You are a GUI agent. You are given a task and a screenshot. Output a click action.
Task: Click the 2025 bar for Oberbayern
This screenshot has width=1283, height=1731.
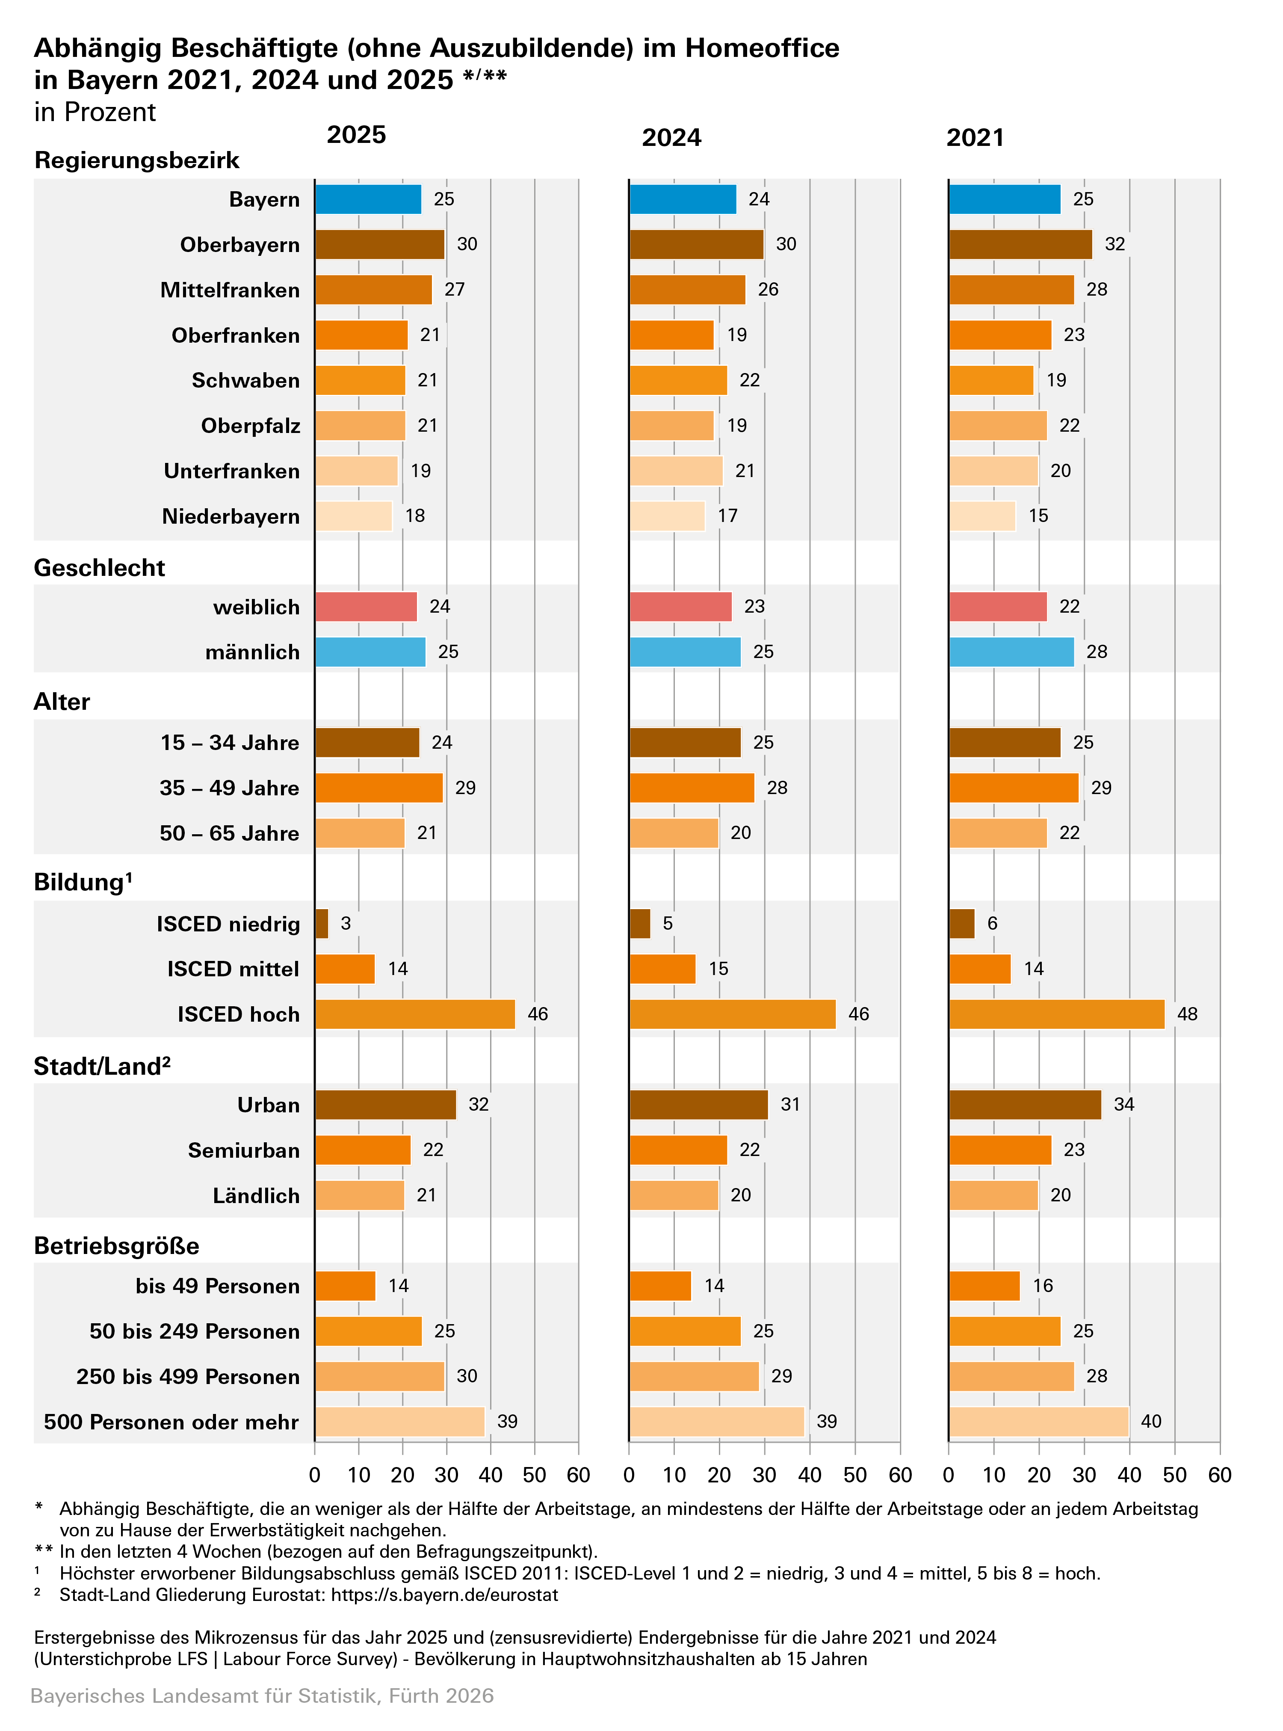[380, 245]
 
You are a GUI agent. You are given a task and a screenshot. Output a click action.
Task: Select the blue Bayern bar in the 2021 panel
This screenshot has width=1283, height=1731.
[1004, 200]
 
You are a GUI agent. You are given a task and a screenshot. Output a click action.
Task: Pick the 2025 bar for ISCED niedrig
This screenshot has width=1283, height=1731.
[322, 924]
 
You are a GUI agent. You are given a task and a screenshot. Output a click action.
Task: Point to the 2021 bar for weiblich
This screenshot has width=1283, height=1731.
[998, 607]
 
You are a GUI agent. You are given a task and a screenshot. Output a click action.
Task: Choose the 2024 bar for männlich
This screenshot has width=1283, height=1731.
[685, 652]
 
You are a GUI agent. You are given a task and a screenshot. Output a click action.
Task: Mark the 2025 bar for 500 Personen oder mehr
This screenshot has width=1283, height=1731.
[400, 1422]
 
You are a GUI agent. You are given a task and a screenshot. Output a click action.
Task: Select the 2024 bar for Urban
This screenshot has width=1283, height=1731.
[698, 1105]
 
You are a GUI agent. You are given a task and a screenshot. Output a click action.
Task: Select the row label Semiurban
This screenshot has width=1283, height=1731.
[244, 1150]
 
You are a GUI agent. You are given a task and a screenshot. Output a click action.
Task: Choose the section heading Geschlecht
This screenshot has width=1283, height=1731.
[99, 568]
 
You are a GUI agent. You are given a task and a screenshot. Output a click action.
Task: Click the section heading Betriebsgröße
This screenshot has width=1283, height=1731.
[116, 1246]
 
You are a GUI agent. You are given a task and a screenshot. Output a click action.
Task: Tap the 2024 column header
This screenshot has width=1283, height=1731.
[671, 137]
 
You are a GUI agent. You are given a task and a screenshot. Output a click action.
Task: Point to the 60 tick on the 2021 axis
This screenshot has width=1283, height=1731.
[1219, 1475]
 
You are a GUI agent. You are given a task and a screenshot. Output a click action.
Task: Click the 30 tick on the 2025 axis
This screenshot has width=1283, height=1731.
[446, 1475]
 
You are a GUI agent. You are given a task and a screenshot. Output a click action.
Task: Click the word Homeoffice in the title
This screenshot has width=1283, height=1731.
[762, 48]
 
